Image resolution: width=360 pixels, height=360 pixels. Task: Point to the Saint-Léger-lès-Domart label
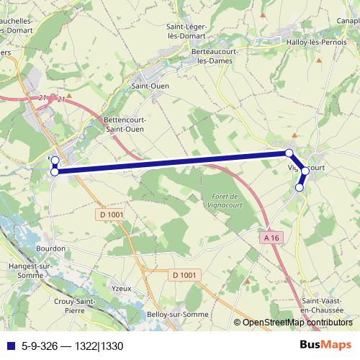coord(186,31)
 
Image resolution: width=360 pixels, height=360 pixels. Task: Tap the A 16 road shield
coord(271,237)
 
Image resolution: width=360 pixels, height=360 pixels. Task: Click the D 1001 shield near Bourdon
coord(109,215)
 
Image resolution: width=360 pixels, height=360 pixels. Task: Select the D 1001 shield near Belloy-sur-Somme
coord(186,274)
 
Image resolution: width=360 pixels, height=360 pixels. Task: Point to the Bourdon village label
coord(50,248)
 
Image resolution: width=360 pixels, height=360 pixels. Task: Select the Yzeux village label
coord(122,289)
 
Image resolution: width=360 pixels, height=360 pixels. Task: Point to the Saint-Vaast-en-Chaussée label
coord(325,305)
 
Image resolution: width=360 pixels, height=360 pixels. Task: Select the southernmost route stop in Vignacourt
coord(300,187)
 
